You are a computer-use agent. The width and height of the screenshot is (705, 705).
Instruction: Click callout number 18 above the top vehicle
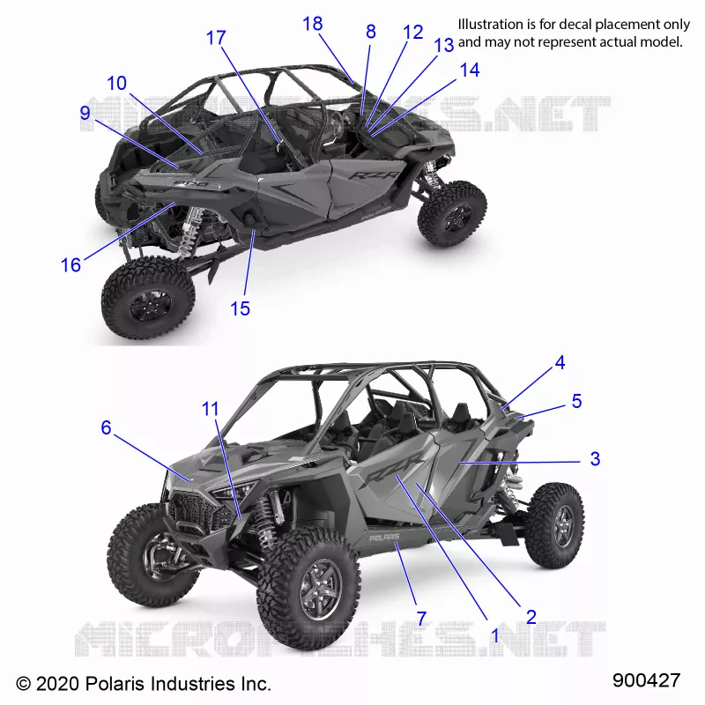point(313,24)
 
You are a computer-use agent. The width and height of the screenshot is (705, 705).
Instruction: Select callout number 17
point(216,38)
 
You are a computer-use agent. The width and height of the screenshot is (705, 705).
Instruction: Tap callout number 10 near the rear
point(117,83)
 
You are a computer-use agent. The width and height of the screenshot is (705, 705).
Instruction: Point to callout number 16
point(71,265)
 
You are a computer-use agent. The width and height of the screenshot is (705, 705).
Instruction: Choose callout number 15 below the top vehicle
point(240,309)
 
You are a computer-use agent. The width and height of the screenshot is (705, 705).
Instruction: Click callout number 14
point(470,70)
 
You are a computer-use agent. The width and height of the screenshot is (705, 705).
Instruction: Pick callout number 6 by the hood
point(106,427)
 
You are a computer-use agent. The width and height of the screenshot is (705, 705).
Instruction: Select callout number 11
point(211,409)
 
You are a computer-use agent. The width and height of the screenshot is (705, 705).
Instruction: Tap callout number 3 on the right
point(596,458)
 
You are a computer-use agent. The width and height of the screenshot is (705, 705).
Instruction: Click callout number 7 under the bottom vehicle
point(421,619)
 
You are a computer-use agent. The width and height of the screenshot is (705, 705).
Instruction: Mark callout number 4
point(560,362)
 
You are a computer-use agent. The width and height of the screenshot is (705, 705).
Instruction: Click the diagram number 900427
point(647,680)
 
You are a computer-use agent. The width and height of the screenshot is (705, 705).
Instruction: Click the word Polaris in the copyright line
point(115,684)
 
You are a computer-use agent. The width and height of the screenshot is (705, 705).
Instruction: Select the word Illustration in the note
point(490,25)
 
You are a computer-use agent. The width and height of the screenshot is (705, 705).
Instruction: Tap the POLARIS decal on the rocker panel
point(384,538)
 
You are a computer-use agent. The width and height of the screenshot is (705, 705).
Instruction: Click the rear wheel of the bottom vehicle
point(556,524)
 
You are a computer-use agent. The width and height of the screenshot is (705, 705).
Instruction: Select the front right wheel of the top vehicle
point(452,214)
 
